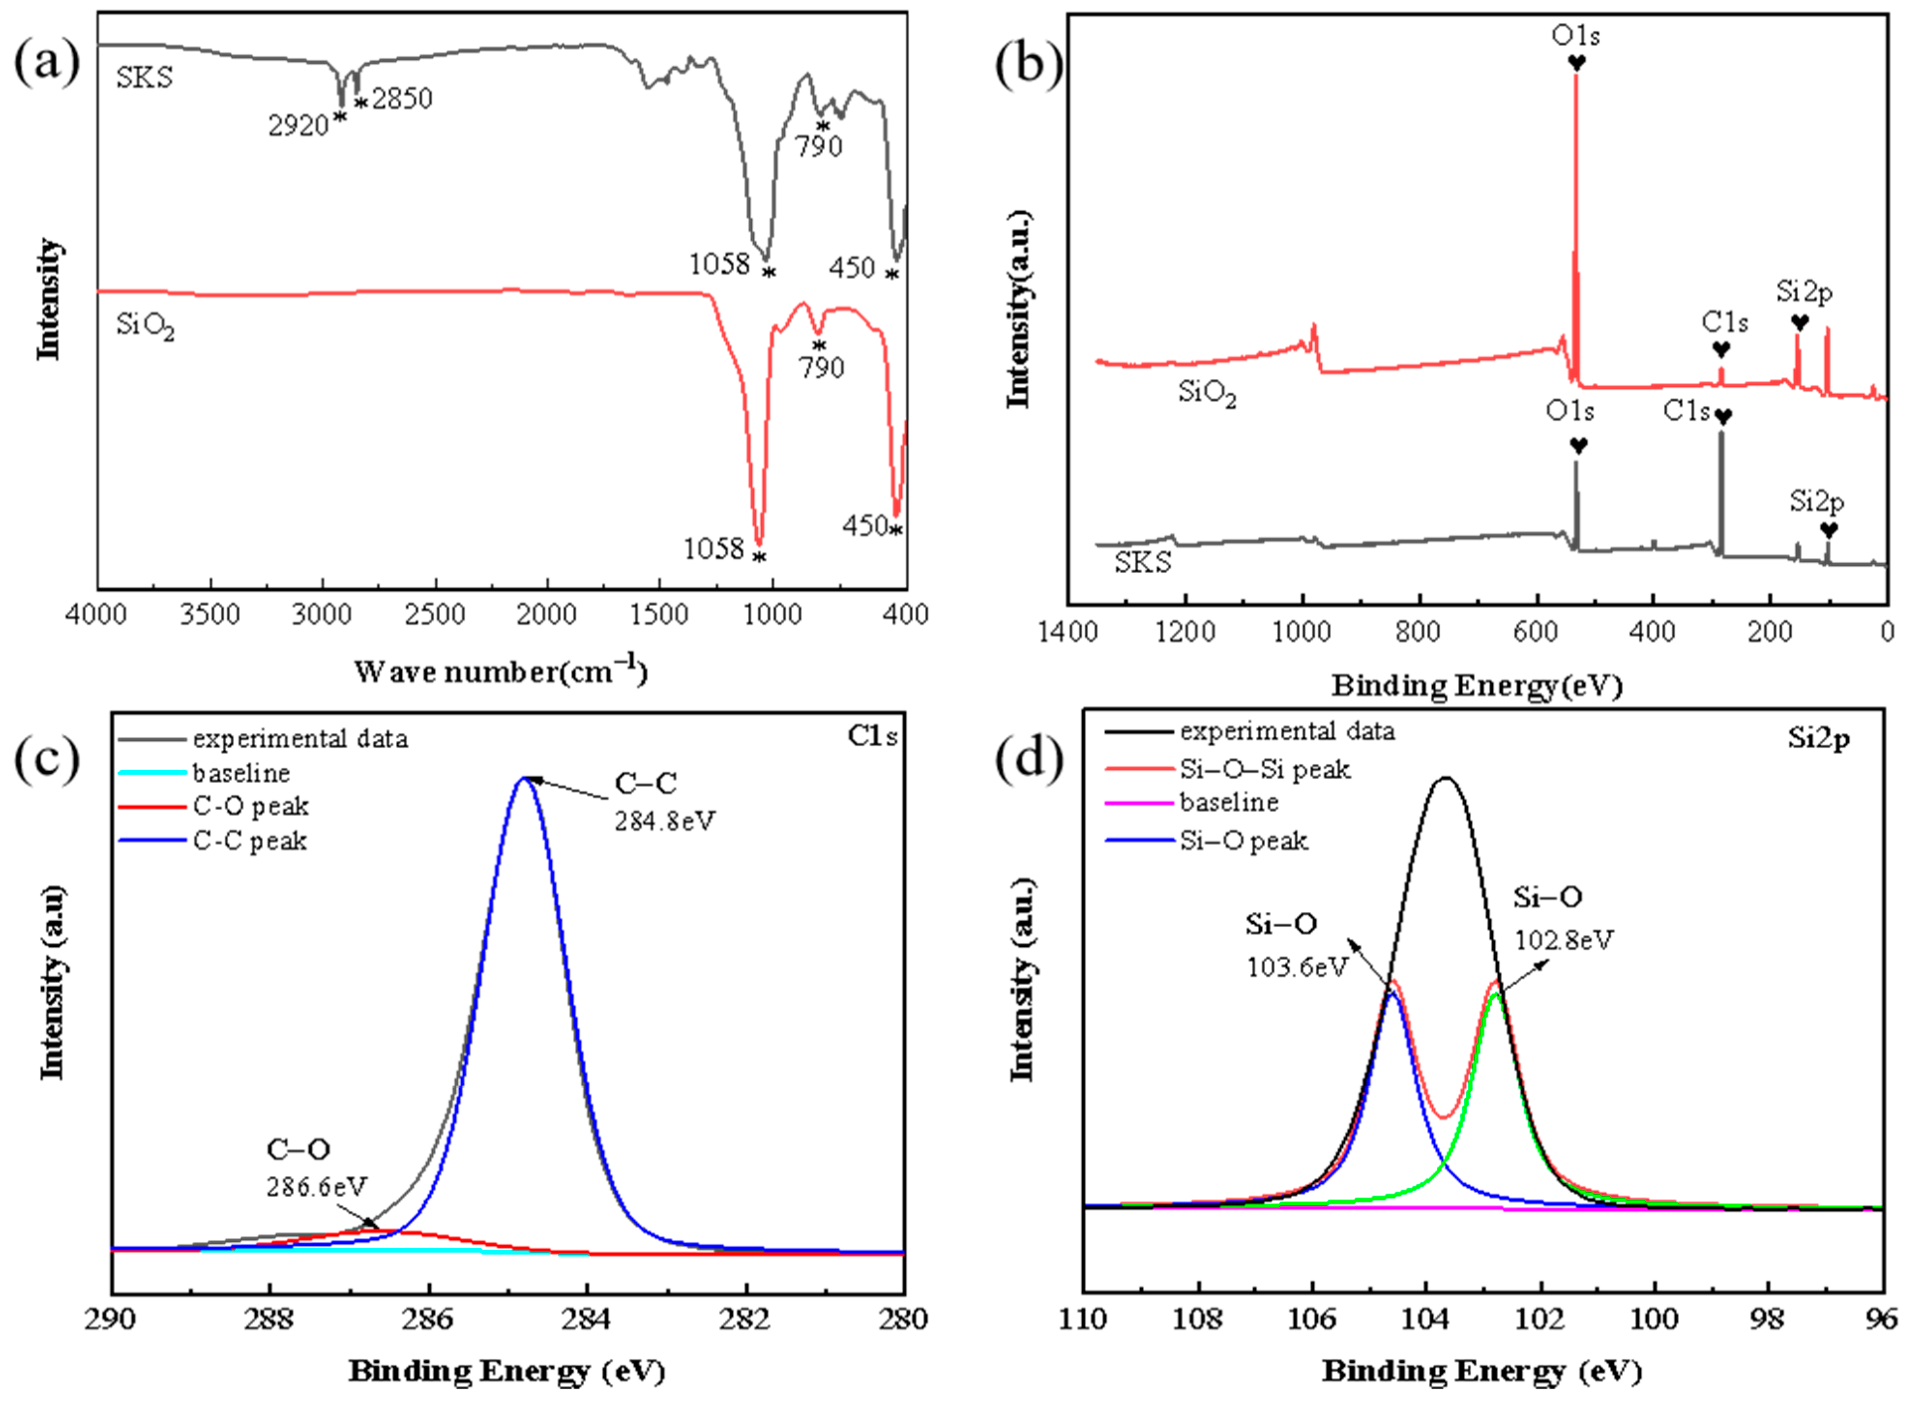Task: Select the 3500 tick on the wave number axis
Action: [210, 614]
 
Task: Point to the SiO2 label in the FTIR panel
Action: [145, 326]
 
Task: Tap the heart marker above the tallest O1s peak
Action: [1576, 63]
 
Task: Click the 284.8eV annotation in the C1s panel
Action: [665, 821]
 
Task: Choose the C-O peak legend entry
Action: [250, 806]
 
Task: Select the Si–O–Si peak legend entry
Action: [1264, 769]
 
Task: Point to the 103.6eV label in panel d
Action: [1297, 967]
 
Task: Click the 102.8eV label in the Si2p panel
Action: [1563, 940]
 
